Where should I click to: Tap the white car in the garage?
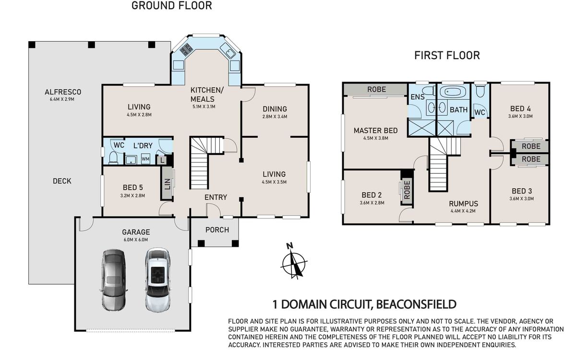(x=157, y=280)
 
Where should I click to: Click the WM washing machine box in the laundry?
(x=145, y=159)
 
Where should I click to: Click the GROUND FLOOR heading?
(x=171, y=6)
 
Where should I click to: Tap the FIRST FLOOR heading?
(x=447, y=56)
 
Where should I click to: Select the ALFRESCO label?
(x=63, y=92)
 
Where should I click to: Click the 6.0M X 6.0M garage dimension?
(x=136, y=240)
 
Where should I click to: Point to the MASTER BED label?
(x=376, y=131)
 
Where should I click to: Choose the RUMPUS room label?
(x=463, y=204)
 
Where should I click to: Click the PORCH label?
(x=217, y=229)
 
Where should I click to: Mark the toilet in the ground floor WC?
(x=113, y=158)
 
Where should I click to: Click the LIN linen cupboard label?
(x=167, y=184)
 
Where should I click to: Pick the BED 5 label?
(x=132, y=188)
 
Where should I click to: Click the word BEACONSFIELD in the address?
(x=416, y=304)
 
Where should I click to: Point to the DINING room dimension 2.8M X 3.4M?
(x=275, y=117)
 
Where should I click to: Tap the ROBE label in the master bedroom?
(x=376, y=89)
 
